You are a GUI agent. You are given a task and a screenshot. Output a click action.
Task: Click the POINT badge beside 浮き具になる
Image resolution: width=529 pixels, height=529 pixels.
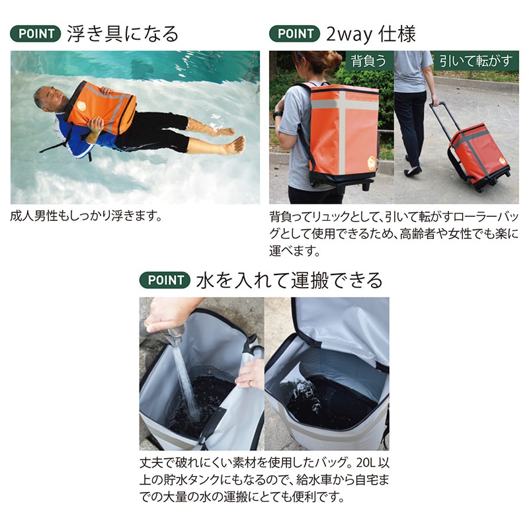(36, 34)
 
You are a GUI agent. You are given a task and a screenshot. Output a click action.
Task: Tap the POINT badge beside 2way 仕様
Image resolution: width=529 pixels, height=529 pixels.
(294, 34)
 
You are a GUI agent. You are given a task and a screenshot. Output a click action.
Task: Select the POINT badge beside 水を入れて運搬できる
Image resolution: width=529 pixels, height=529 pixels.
(165, 280)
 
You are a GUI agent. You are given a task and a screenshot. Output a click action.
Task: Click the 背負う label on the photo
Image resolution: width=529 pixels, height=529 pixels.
(368, 61)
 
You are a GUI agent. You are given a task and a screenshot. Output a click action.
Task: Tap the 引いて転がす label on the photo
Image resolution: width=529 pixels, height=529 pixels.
(476, 61)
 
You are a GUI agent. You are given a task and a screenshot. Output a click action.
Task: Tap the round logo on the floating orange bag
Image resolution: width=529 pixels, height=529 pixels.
(81, 106)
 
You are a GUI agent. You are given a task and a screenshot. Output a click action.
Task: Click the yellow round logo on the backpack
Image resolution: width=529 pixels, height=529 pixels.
(371, 163)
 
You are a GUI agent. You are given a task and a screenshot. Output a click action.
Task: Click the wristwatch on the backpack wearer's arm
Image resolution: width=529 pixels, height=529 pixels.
(278, 114)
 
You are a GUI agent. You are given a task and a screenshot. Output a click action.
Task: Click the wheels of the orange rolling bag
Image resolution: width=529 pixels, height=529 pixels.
(486, 184)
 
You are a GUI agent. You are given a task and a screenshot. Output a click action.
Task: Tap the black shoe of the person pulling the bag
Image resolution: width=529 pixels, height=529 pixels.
(413, 172)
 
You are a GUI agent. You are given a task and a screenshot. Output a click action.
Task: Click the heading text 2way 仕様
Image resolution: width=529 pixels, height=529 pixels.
(371, 34)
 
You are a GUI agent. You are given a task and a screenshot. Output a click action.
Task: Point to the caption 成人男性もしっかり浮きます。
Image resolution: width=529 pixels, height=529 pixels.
(87, 216)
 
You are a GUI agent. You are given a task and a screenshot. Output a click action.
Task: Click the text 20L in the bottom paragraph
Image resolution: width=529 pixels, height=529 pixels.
(366, 462)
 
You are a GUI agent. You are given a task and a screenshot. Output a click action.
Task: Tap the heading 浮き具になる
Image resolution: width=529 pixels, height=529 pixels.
(122, 34)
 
